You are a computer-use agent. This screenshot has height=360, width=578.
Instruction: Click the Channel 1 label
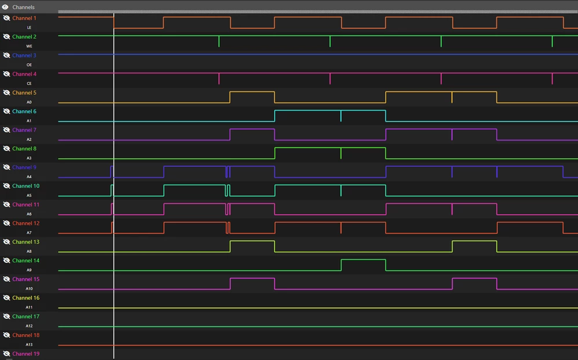pos(24,18)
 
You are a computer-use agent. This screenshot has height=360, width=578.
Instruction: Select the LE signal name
pos(29,27)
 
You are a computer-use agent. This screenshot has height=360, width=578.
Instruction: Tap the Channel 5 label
pos(24,93)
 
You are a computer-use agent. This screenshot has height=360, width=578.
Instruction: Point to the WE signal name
pos(29,46)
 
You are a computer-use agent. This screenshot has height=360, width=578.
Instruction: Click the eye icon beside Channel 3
pos(6,56)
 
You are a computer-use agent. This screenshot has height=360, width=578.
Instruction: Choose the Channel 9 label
pos(24,167)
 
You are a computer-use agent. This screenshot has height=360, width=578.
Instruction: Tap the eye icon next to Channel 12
pos(6,223)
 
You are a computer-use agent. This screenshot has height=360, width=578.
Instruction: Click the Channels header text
pos(23,7)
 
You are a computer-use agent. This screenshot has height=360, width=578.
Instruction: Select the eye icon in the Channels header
pos(5,7)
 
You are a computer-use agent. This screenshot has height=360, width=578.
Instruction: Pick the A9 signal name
pos(29,270)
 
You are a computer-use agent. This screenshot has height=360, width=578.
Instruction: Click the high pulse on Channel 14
pos(363,260)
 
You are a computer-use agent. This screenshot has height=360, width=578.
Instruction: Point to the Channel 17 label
pos(26,317)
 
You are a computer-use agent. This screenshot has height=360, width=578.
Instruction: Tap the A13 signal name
pos(29,344)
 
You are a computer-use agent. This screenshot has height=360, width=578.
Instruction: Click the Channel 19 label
pos(26,354)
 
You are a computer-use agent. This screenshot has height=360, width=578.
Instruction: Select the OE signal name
pos(29,65)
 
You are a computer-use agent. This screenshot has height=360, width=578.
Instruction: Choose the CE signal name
pos(29,83)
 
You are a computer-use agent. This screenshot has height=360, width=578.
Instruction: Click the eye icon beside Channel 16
pos(6,297)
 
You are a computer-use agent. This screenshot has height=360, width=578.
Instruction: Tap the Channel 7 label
pos(24,130)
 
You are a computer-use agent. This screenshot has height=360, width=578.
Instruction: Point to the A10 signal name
pos(29,288)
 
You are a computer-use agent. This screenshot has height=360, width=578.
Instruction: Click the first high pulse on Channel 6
pos(308,111)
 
